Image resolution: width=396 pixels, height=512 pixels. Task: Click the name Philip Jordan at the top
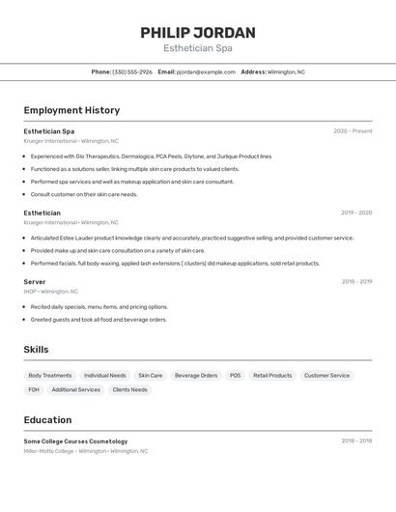tap(198, 32)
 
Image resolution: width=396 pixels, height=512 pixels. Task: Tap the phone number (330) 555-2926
tap(132, 71)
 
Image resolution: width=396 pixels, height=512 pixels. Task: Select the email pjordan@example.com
tap(206, 71)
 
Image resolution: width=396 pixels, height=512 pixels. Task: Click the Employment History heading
tap(71, 110)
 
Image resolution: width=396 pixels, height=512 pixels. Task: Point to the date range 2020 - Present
tap(353, 131)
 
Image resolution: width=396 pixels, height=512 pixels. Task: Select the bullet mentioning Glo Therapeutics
tap(151, 156)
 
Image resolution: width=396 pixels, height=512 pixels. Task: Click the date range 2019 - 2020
tap(356, 213)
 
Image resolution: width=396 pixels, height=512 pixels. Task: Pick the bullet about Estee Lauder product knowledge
tap(191, 238)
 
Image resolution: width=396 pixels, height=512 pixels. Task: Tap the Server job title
tap(35, 281)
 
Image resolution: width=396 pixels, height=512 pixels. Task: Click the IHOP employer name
tap(30, 291)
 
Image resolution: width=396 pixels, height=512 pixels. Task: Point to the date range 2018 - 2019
tap(356, 281)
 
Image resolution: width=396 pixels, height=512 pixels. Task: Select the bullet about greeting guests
tap(99, 319)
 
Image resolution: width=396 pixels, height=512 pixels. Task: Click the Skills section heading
tap(36, 350)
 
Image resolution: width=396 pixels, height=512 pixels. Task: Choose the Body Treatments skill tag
tap(50, 376)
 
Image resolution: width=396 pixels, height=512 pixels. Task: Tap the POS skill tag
tap(235, 376)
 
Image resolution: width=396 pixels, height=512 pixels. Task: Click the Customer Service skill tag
tap(326, 376)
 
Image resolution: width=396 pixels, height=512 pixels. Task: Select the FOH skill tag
tap(34, 389)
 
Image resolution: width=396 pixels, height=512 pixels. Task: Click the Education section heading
tap(47, 420)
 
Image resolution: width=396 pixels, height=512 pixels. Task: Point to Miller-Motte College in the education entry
tap(48, 450)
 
